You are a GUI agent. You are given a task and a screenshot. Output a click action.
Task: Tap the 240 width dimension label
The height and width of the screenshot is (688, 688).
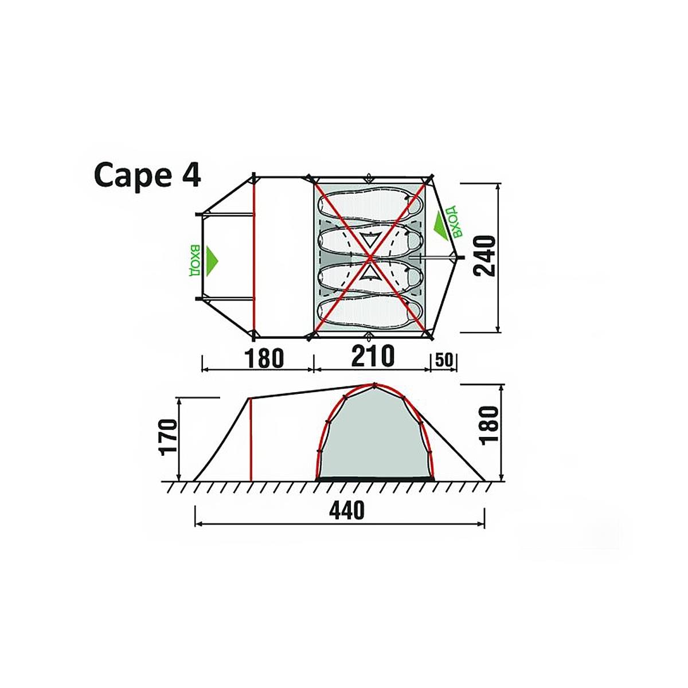click(484, 256)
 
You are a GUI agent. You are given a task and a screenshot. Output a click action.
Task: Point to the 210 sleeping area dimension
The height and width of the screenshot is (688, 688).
click(373, 355)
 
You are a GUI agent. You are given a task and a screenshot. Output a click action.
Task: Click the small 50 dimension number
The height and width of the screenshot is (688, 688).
click(444, 359)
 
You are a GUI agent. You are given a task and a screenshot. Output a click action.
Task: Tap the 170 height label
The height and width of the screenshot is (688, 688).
click(169, 437)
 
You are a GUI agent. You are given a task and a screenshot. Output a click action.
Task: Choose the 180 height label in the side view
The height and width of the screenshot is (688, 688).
click(490, 425)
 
